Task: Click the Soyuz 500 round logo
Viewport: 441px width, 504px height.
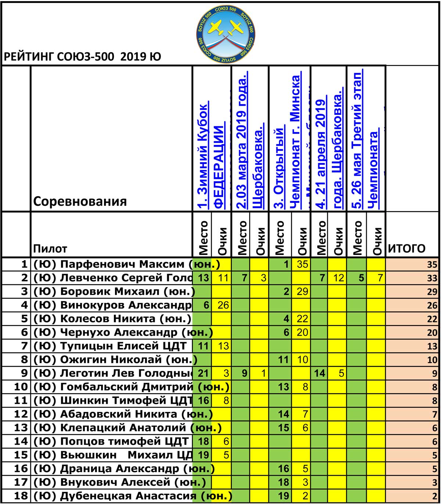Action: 226,33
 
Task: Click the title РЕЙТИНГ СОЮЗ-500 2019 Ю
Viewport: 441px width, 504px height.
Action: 82,57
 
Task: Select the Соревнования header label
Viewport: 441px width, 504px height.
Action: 80,201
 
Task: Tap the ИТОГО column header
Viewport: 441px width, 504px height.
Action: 407,248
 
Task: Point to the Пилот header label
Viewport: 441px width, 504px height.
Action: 50,249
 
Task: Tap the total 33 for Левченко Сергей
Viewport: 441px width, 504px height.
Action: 432,278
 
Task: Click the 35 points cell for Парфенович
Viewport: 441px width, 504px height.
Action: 302,264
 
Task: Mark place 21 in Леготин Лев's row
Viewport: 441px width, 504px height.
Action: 203,373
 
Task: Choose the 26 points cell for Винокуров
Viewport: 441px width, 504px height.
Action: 223,305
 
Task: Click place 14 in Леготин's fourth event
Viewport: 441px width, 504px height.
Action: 320,373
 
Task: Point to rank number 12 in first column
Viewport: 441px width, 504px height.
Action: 21,414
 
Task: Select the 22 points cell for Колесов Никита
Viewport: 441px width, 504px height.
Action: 302,319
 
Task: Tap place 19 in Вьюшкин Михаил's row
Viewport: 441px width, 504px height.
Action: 203,455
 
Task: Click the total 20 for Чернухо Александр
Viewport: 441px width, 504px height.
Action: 432,333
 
